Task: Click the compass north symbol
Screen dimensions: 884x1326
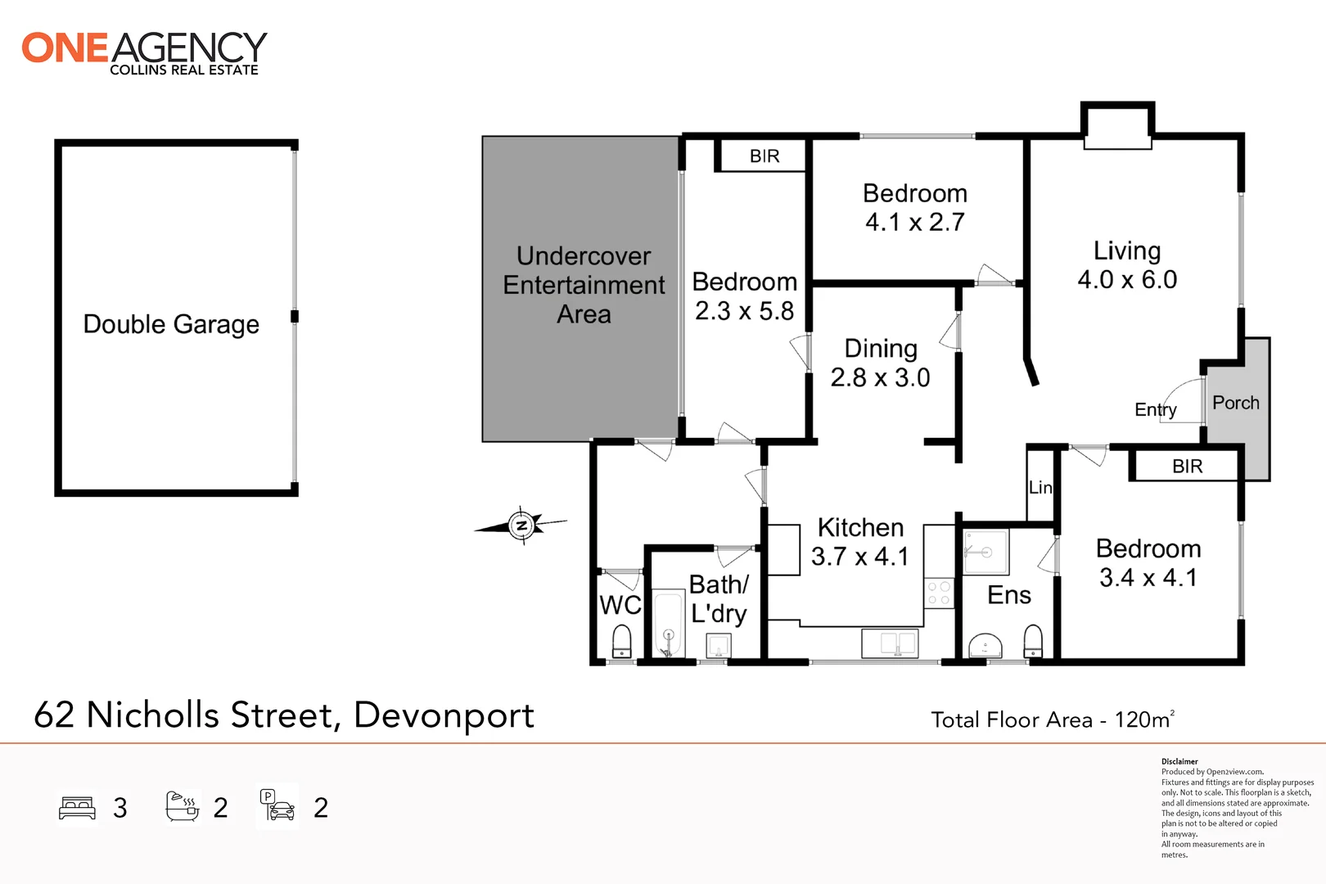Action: click(521, 525)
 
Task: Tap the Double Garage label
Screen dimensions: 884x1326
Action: click(171, 324)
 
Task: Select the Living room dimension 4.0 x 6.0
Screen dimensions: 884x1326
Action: click(1127, 280)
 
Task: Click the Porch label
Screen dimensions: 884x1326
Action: click(1235, 403)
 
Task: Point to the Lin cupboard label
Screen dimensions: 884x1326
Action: click(1040, 488)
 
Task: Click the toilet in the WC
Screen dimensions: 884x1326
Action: click(622, 641)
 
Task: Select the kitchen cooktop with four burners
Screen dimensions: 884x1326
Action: click(939, 593)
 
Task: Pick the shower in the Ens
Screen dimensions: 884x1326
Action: click(985, 552)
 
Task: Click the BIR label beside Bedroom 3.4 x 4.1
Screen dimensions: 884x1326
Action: click(1187, 467)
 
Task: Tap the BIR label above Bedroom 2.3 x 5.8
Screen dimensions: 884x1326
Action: click(764, 156)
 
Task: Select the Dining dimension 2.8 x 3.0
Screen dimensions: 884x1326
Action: click(880, 378)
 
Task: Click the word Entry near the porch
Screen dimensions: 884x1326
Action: click(1155, 409)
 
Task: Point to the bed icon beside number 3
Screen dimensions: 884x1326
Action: click(78, 808)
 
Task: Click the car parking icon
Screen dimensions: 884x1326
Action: click(277, 806)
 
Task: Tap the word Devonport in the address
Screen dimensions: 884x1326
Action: click(444, 715)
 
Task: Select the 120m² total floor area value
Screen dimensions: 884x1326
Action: click(1144, 719)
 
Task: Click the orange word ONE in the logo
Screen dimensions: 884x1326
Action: click(65, 48)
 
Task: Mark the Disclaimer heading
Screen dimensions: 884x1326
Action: click(1179, 761)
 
